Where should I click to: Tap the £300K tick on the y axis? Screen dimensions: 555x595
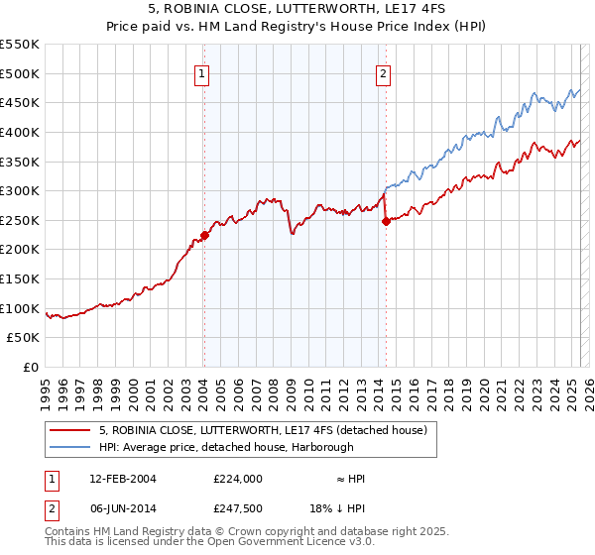pos(20,190)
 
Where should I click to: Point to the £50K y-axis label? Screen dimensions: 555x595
pos(23,338)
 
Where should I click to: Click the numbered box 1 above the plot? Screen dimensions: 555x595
pos(202,72)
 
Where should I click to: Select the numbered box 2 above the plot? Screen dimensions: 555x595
pos(383,72)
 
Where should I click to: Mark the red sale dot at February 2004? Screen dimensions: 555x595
pos(204,236)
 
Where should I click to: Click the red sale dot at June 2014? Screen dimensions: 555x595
pos(386,222)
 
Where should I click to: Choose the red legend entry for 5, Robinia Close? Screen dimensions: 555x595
pos(263,430)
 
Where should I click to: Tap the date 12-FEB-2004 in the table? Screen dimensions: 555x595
pos(122,479)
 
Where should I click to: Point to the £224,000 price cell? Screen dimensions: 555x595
pos(237,479)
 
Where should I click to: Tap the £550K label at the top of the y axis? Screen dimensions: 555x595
pos(20,45)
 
